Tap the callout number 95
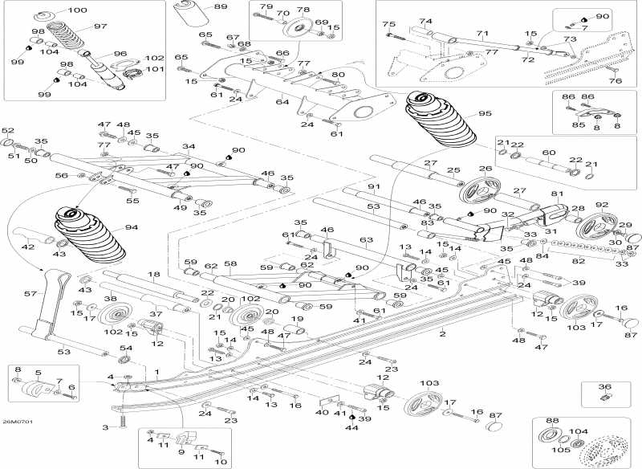click(484, 113)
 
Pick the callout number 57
click(30, 295)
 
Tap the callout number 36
click(605, 386)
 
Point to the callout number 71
click(481, 34)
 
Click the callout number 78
click(303, 10)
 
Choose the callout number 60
click(549, 152)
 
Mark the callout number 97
click(100, 27)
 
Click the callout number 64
click(282, 102)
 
